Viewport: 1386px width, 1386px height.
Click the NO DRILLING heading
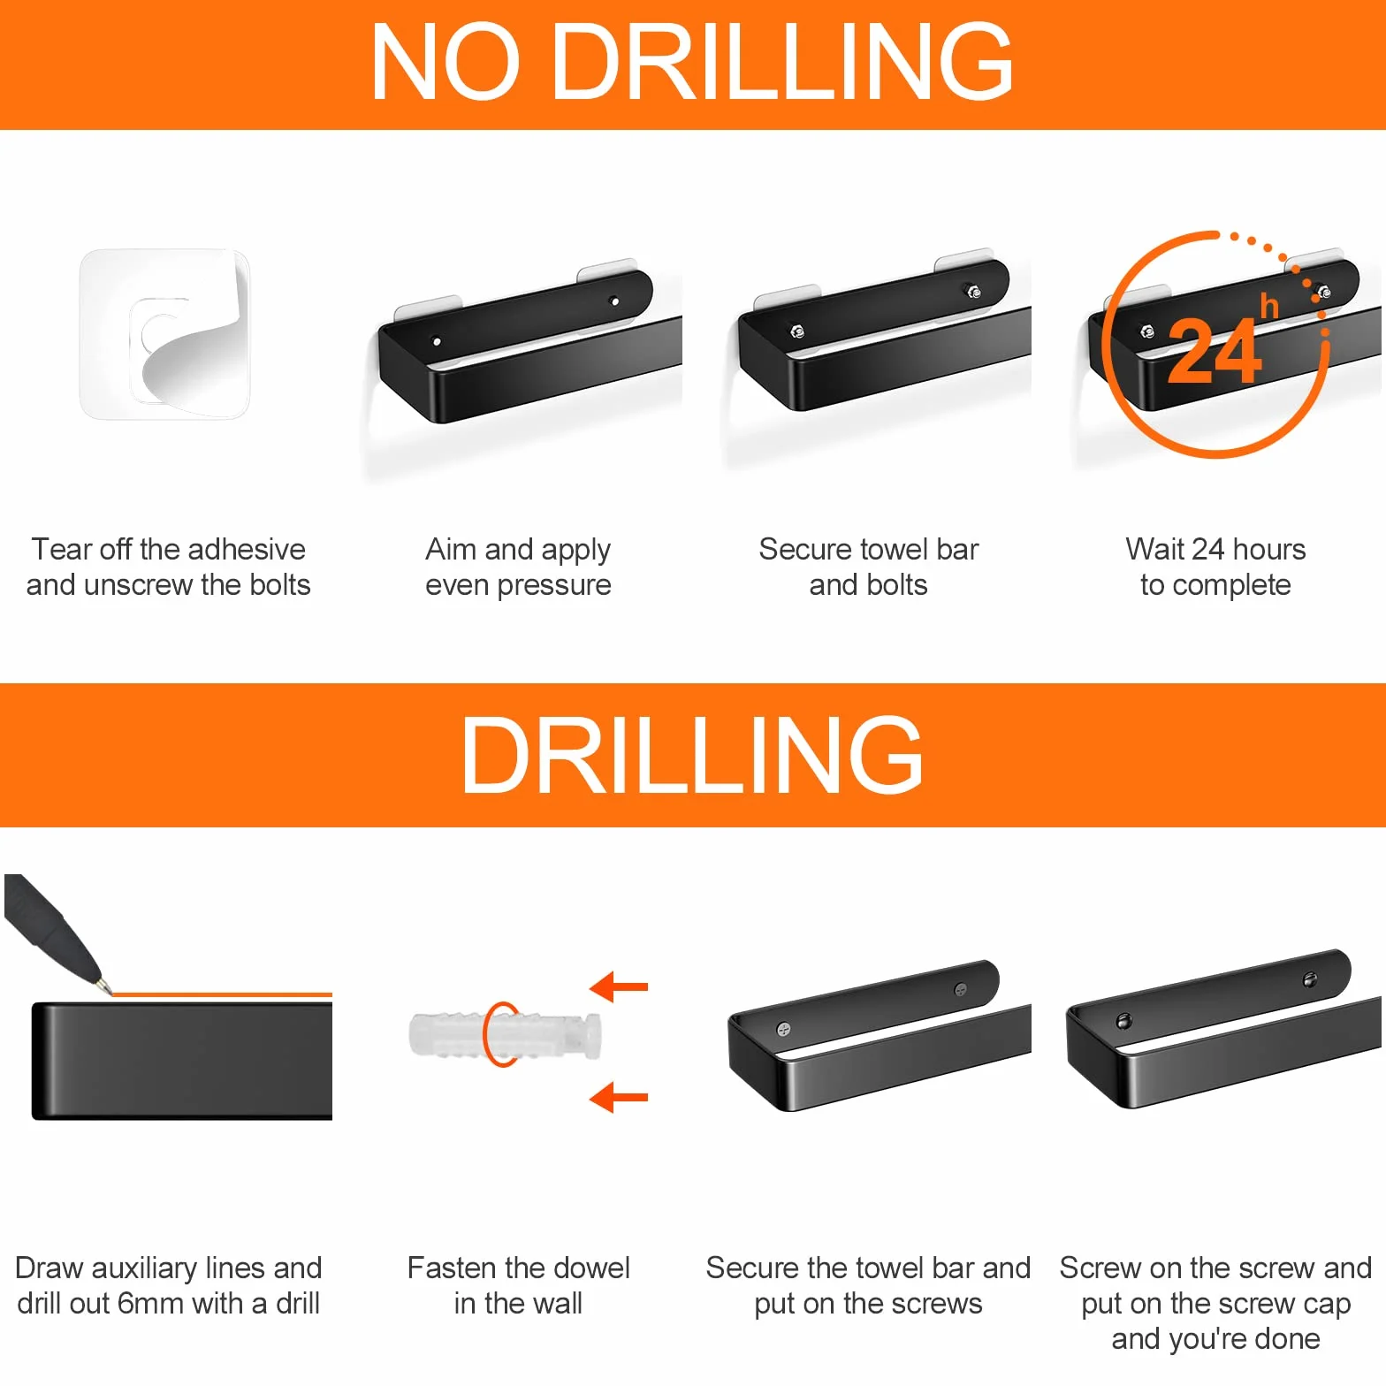692,62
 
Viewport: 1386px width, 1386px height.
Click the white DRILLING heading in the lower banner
692,755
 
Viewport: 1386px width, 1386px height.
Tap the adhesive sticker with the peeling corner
165,334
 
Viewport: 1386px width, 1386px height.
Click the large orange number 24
1215,352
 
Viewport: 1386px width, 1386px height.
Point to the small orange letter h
1269,306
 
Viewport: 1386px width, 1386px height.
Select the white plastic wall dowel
506,1035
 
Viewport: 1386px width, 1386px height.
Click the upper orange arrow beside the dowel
619,986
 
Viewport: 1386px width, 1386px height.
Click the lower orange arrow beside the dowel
619,1098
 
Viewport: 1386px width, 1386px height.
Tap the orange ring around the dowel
485,1034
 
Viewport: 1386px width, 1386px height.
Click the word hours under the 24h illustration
1269,549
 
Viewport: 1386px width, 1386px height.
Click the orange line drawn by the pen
222,995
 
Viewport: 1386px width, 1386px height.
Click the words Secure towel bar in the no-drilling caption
869,549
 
